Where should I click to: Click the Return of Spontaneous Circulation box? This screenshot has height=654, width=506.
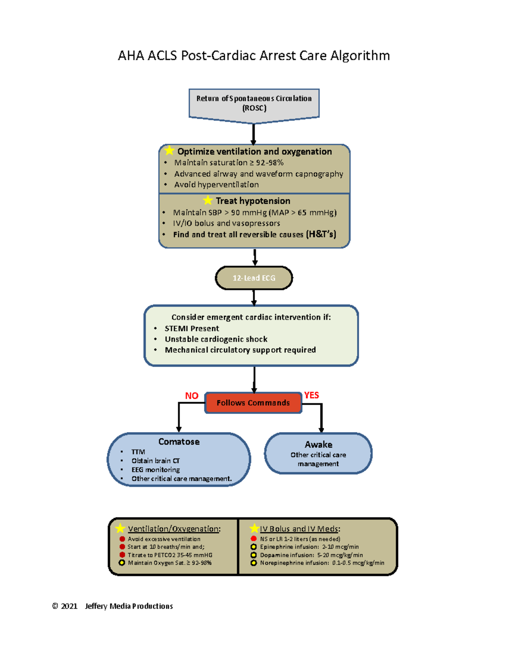(254, 104)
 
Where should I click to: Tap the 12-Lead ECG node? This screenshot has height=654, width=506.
(254, 278)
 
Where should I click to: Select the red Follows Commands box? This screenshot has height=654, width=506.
(253, 403)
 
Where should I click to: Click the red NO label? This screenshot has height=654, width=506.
(191, 396)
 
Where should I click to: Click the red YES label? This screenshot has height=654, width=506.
(312, 395)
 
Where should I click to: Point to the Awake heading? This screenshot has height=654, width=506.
(318, 445)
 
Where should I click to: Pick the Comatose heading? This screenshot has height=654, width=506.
(179, 442)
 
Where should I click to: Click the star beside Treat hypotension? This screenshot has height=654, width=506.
(208, 200)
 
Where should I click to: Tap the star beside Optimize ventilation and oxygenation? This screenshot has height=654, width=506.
(170, 151)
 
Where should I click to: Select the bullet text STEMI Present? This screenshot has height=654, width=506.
(191, 328)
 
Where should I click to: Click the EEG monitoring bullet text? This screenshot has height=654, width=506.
(156, 470)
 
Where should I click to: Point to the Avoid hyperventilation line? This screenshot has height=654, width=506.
(216, 184)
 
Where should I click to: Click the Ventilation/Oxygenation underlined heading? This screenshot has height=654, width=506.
(174, 529)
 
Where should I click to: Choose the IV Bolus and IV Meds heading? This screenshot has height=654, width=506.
(300, 529)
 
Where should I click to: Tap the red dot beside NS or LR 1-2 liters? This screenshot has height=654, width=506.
(253, 539)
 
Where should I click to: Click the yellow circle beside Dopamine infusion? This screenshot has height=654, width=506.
(253, 555)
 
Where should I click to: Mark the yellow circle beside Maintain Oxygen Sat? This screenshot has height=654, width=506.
(122, 563)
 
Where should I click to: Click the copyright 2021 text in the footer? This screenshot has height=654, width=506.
(65, 606)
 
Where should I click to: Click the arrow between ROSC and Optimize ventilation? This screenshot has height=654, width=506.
(253, 134)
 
